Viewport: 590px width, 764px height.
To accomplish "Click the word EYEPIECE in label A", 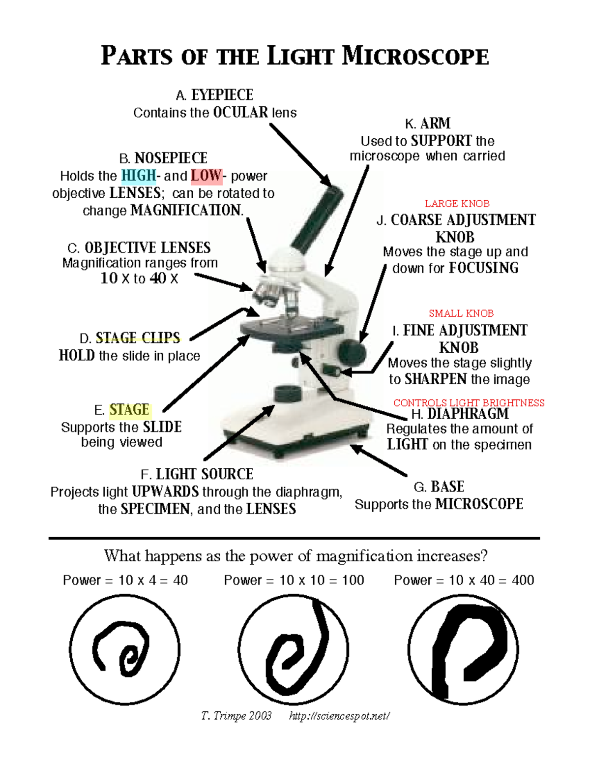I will [x=222, y=95].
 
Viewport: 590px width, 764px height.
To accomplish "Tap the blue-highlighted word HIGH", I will [x=139, y=176].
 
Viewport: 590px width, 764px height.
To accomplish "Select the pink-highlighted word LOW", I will [x=206, y=176].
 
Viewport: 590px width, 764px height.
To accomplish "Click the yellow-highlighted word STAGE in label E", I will [x=129, y=410].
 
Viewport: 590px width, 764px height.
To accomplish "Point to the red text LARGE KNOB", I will [x=457, y=204].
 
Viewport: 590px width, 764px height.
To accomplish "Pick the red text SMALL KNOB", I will [x=461, y=313].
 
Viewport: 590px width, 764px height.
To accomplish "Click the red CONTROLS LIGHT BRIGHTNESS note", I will [x=469, y=403].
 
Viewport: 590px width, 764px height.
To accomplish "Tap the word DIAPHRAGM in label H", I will [x=468, y=414].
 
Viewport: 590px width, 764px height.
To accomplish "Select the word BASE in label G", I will [x=447, y=487].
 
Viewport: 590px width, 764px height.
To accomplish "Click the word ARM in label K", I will [x=436, y=123].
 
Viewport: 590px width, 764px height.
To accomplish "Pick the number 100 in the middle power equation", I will [x=353, y=581].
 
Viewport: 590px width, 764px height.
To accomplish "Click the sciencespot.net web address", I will [x=339, y=716].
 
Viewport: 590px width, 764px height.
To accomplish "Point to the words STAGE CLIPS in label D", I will [x=138, y=337].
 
